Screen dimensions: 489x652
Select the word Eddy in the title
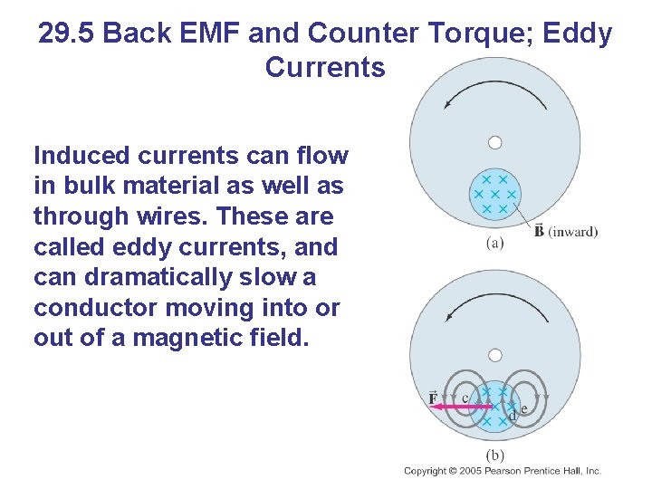pos(578,34)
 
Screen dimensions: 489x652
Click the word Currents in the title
pos(325,68)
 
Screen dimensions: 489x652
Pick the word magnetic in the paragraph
pos(210,339)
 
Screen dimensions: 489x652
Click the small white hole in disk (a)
pos(494,142)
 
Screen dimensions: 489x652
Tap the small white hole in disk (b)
pos(494,355)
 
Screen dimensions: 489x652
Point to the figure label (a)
pos(494,242)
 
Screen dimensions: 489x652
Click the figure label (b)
pos(494,455)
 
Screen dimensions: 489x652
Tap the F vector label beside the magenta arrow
pos(433,398)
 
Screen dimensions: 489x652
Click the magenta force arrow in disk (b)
pos(462,407)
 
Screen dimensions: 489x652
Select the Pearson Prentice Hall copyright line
pos(503,471)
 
